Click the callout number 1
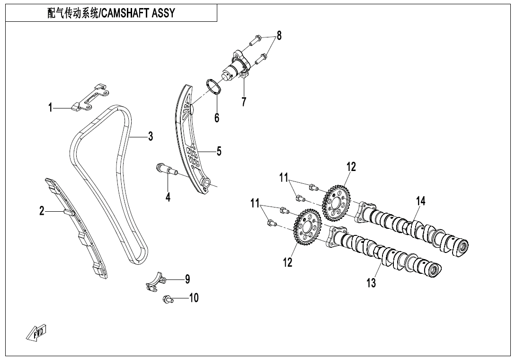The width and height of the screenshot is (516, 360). pos(50,108)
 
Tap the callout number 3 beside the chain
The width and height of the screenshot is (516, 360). pos(150,136)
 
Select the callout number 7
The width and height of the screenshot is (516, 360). pos(244,101)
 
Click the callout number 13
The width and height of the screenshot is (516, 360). pos(371,283)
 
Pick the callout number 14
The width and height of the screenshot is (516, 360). pos(420,201)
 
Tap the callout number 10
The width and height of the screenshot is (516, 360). pos(194,297)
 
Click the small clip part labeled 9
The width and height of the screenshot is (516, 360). pos(155,281)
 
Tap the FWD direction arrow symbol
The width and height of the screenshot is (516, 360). pos(37,333)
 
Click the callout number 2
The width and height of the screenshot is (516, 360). pos(42,211)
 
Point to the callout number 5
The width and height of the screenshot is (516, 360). pos(219,151)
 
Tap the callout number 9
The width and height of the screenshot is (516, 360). pos(187,279)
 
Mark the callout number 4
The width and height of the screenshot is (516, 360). pos(168,197)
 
